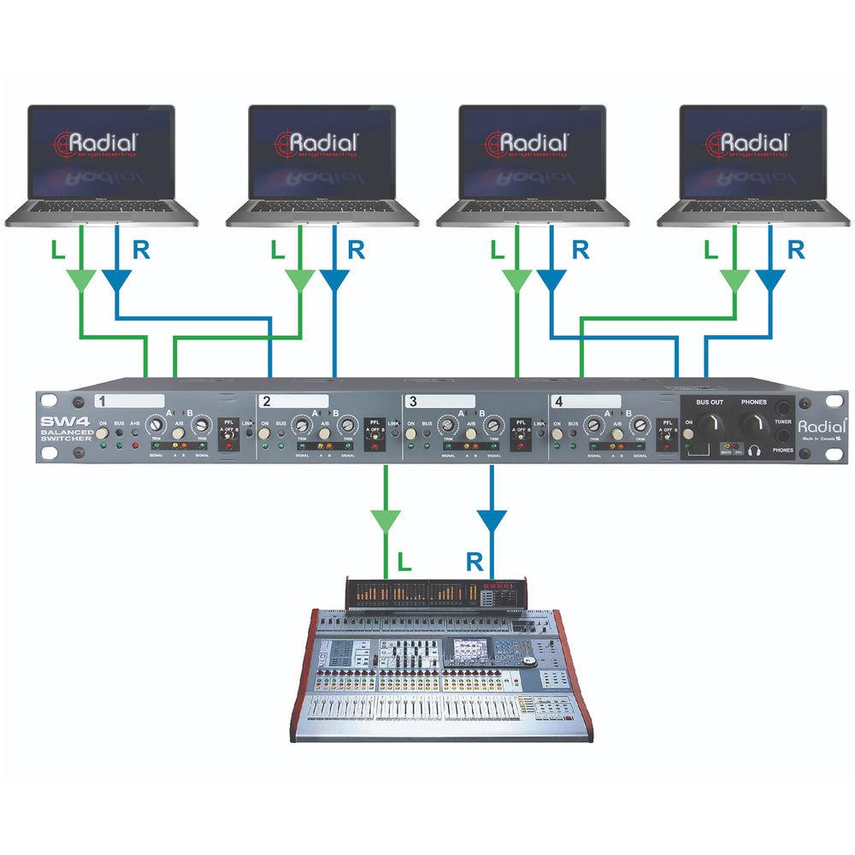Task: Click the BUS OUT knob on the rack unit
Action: pos(709,422)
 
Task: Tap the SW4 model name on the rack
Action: pos(61,422)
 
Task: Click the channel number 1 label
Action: pos(101,401)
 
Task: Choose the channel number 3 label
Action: pos(413,401)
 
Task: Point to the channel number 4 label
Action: pos(558,401)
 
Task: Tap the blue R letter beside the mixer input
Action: pos(476,562)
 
